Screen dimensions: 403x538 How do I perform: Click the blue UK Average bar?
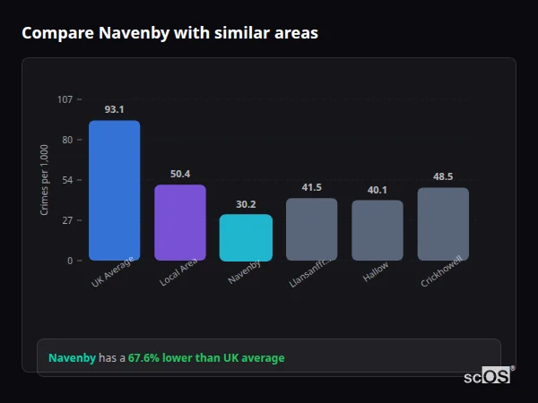tap(114, 190)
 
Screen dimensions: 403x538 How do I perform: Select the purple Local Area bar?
tap(180, 223)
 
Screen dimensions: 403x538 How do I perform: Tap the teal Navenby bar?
tap(246, 237)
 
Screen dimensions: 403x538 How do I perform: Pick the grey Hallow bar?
tap(377, 230)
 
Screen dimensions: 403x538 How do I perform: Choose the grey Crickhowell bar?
tap(443, 224)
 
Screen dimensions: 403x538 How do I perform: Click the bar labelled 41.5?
tap(311, 229)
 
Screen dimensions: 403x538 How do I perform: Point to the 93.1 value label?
tap(114, 109)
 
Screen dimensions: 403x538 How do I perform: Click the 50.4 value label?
tap(180, 174)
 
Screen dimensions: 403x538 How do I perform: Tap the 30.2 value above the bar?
tap(246, 204)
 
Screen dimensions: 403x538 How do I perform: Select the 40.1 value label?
tap(377, 190)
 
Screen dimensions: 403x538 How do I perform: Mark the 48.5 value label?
tap(443, 176)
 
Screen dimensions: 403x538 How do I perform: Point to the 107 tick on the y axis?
tap(65, 99)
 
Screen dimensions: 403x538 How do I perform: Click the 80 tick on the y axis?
tap(67, 140)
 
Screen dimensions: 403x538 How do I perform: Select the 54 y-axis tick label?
tap(67, 180)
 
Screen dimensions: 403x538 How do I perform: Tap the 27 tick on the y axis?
tap(67, 220)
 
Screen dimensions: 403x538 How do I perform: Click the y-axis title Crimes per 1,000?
tap(45, 179)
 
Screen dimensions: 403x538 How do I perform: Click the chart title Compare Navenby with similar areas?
tap(169, 33)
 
